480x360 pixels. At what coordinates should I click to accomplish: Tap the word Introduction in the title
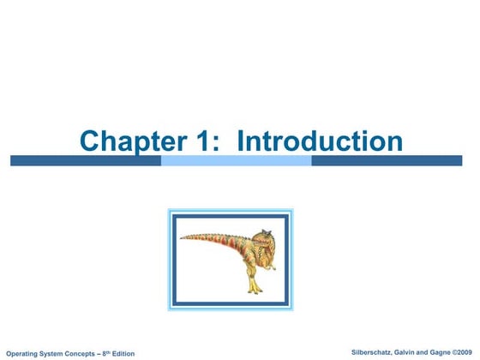pyautogui.click(x=319, y=141)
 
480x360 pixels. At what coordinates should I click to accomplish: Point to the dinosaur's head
pyautogui.click(x=264, y=240)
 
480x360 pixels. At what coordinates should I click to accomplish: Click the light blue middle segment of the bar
pyautogui.click(x=236, y=160)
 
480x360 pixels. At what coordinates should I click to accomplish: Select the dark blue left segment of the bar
pyautogui.click(x=85, y=160)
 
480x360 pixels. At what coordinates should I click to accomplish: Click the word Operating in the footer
pyautogui.click(x=23, y=353)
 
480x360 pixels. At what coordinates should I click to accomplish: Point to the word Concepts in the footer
pyautogui.click(x=80, y=353)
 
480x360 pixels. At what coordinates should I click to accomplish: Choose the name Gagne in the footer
pyautogui.click(x=435, y=352)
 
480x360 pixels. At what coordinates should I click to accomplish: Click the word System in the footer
pyautogui.click(x=53, y=353)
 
